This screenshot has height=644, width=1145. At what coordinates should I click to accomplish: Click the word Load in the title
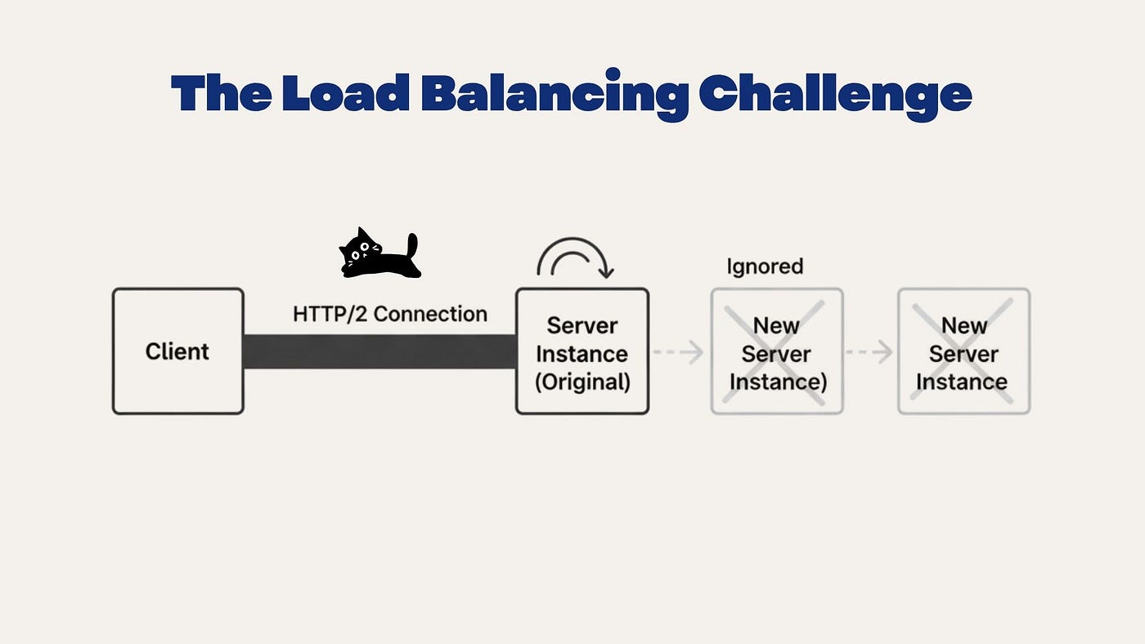pyautogui.click(x=345, y=92)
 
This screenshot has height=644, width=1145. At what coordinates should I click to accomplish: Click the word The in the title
pyautogui.click(x=221, y=92)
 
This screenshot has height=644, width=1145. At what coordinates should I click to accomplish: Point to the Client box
pyautogui.click(x=178, y=351)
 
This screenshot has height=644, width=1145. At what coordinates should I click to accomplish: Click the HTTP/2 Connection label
pyautogui.click(x=390, y=314)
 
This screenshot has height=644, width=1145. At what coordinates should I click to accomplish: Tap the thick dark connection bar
pyautogui.click(x=379, y=351)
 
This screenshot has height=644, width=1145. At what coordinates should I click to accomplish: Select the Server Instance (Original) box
pyautogui.click(x=582, y=351)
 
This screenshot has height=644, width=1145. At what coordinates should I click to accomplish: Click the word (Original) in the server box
pyautogui.click(x=582, y=382)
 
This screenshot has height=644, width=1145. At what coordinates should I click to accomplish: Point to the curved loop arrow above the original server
pyautogui.click(x=573, y=239)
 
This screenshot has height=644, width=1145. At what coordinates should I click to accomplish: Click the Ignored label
pyautogui.click(x=765, y=266)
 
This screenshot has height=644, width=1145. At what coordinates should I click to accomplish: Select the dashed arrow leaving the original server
pyautogui.click(x=678, y=352)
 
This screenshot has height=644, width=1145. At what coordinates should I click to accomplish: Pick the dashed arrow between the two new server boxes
pyautogui.click(x=869, y=352)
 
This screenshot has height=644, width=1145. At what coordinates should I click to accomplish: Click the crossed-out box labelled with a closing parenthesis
pyautogui.click(x=777, y=351)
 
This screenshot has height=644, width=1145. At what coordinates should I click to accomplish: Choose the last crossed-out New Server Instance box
pyautogui.click(x=964, y=351)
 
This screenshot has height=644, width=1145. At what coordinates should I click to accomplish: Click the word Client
pyautogui.click(x=177, y=351)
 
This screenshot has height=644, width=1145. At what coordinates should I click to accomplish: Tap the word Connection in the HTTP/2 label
pyautogui.click(x=430, y=314)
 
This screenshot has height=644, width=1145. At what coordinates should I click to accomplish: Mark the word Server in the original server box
pyautogui.click(x=582, y=326)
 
